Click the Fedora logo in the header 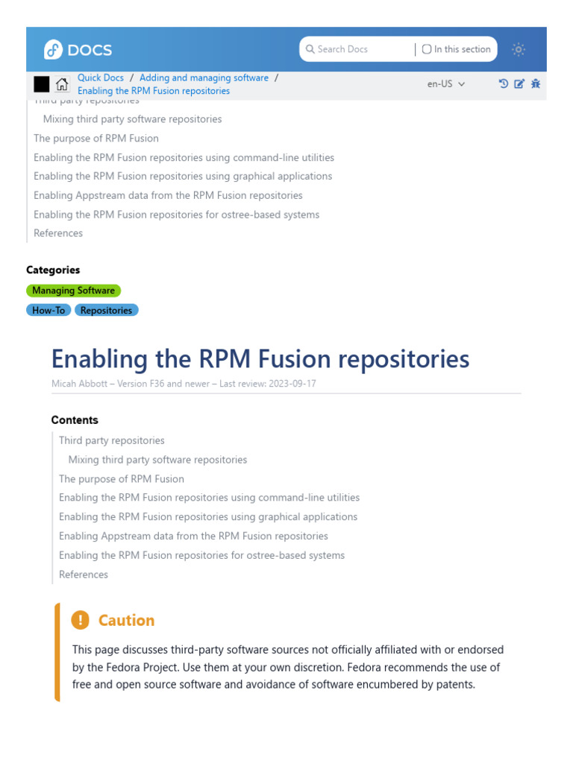click(53, 50)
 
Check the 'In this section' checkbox click(427, 49)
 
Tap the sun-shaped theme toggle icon click(519, 49)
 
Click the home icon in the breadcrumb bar click(62, 84)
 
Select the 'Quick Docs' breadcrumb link click(101, 77)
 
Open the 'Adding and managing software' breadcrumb click(204, 77)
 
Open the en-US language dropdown click(445, 84)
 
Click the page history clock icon click(504, 84)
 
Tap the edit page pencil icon click(520, 84)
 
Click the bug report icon click(536, 84)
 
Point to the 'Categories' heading click(53, 270)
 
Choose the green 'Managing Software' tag click(73, 291)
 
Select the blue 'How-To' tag click(48, 310)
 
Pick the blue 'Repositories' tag click(106, 310)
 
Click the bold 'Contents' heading click(75, 420)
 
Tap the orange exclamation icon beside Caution click(80, 620)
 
